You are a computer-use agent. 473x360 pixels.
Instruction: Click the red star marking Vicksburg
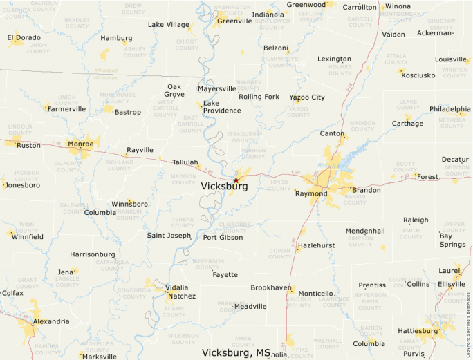point(236,180)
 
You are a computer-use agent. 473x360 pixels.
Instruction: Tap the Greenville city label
point(234,21)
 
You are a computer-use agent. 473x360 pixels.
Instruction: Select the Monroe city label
point(82,144)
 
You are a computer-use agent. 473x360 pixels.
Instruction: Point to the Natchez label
point(182,296)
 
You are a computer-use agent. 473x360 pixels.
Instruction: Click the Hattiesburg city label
point(418,331)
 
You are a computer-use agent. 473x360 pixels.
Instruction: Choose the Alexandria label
point(51,321)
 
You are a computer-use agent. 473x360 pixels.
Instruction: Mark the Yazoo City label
point(307,97)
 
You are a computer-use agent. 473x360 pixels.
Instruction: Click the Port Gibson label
point(223,238)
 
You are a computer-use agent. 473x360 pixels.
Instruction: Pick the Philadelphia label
point(449,109)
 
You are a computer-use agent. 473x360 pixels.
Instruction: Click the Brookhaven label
point(271,287)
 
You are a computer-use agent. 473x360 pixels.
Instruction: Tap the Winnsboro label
point(129,205)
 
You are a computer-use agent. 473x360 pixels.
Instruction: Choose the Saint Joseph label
point(169,236)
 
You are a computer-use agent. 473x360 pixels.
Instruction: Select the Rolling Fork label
point(259,97)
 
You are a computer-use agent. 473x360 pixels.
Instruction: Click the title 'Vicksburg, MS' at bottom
point(236,352)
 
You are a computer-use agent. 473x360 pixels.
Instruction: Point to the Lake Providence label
point(221,106)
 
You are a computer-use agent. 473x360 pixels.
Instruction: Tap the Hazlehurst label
point(316,246)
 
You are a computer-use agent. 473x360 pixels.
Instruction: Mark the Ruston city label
point(28,146)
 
